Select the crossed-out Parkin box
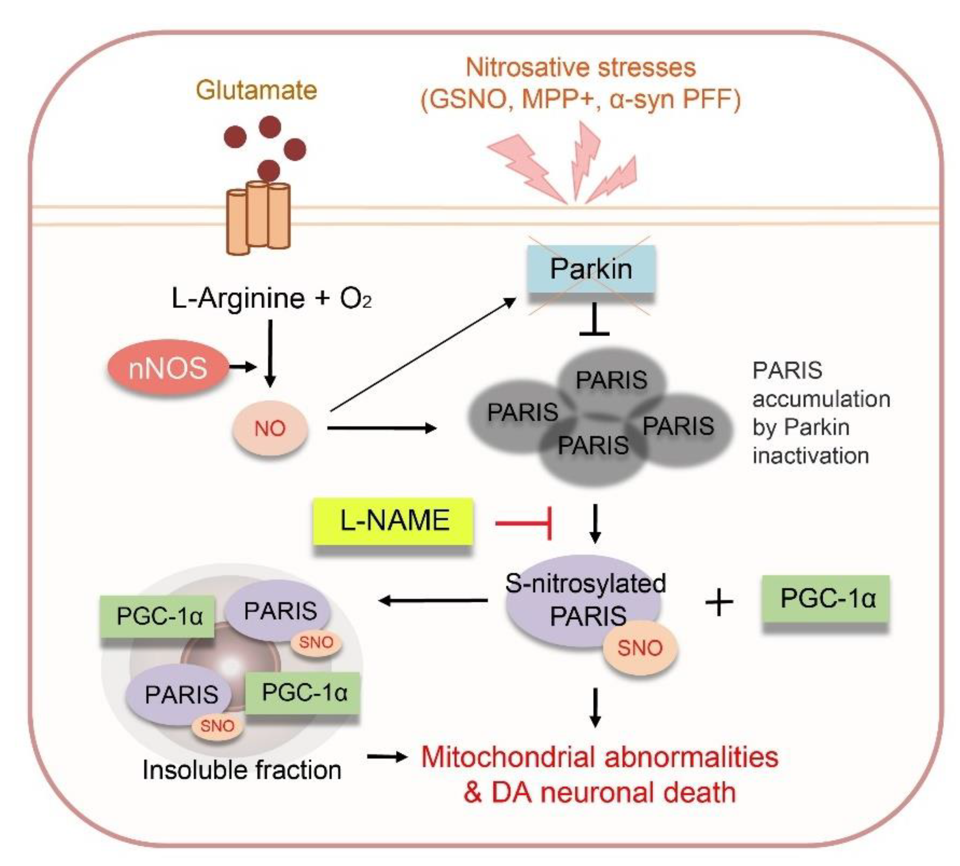pos(590,269)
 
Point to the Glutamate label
pos(257,90)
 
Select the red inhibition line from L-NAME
pos(523,523)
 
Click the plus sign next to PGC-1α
pos(719,602)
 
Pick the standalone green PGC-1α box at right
pos(825,599)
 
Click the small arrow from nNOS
pos(243,367)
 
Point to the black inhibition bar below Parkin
pos(594,319)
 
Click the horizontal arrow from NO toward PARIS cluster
pos(382,428)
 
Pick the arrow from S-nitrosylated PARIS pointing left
pos(433,600)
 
